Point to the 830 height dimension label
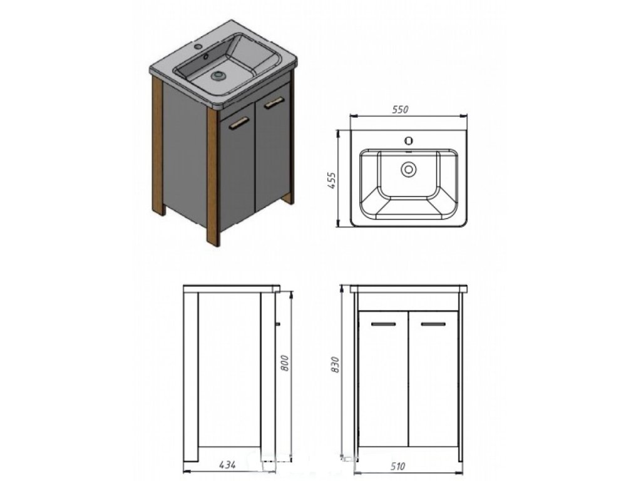point(336,366)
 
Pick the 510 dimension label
point(399,466)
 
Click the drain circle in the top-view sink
point(409,168)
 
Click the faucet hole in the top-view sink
point(409,140)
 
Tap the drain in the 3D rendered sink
point(218,76)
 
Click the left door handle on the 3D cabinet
point(238,125)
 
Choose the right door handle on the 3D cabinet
point(274,103)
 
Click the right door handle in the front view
point(433,324)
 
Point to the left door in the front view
point(382,382)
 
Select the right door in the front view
point(433,382)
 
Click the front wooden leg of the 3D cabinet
point(213,178)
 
